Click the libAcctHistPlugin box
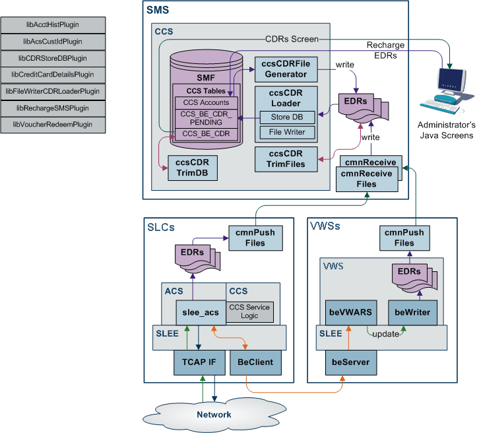52,24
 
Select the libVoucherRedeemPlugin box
52,124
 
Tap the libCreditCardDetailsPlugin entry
52,75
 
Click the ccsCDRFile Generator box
286,69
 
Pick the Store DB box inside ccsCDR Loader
286,117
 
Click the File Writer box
286,133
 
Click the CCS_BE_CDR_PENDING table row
206,117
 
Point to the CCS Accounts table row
206,103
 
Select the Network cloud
214,414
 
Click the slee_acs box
197,312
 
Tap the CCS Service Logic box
249,311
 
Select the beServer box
350,362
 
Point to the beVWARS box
350,312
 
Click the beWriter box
413,312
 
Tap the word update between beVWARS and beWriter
385,333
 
